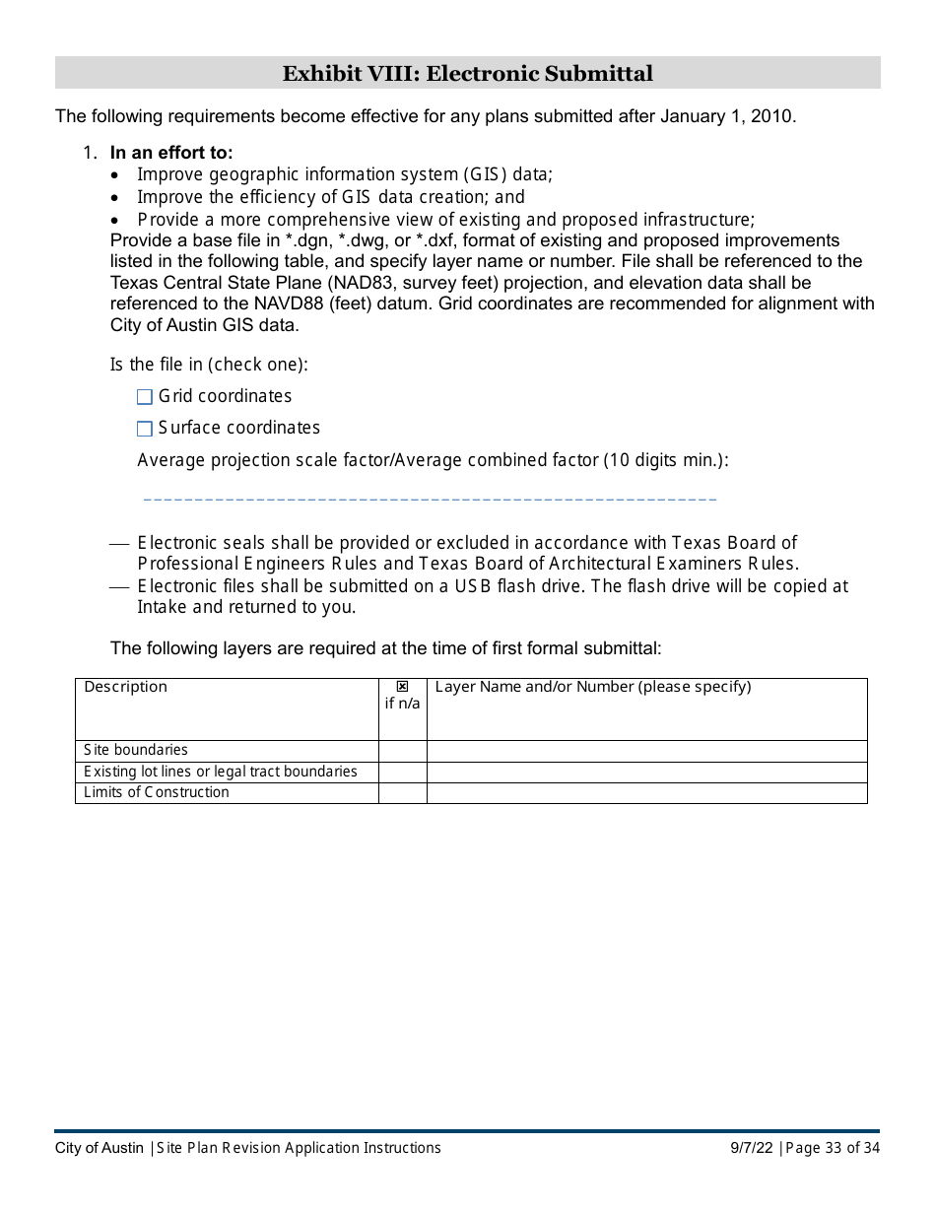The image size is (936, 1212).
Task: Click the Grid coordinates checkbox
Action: [x=145, y=397]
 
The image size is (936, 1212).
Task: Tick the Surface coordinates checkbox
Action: [x=145, y=429]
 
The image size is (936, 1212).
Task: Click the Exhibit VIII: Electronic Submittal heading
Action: [x=467, y=74]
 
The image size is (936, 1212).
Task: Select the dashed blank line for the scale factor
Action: [x=430, y=500]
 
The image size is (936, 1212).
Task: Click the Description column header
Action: [x=126, y=687]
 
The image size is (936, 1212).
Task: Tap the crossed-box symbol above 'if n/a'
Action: [x=402, y=687]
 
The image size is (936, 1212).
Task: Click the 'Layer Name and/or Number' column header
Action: [x=592, y=687]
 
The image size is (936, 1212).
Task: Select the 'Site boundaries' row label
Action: [x=136, y=750]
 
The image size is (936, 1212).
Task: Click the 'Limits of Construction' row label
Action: [x=157, y=792]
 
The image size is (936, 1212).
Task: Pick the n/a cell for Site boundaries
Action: [x=402, y=751]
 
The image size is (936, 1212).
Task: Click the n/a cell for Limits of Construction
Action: [x=402, y=793]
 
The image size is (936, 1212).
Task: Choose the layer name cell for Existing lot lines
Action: [x=646, y=772]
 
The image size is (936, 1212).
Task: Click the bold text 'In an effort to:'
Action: [x=171, y=153]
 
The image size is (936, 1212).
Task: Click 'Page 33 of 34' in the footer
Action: [x=833, y=1148]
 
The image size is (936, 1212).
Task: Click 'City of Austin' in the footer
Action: [x=100, y=1148]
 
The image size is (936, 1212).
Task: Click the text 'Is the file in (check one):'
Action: [x=209, y=365]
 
